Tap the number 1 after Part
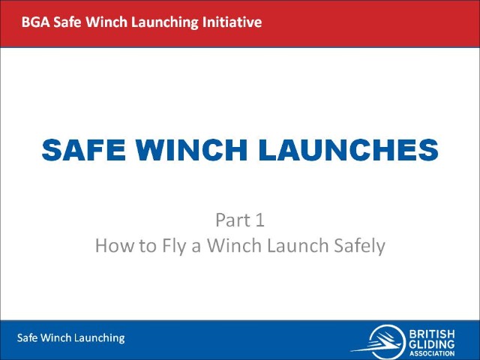[x=259, y=220]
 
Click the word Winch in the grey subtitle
[x=235, y=245]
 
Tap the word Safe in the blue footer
[x=27, y=337]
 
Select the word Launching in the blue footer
[x=100, y=338]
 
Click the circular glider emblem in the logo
[x=385, y=341]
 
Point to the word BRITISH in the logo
[x=432, y=334]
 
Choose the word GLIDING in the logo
[x=432, y=344]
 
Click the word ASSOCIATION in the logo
[x=432, y=353]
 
